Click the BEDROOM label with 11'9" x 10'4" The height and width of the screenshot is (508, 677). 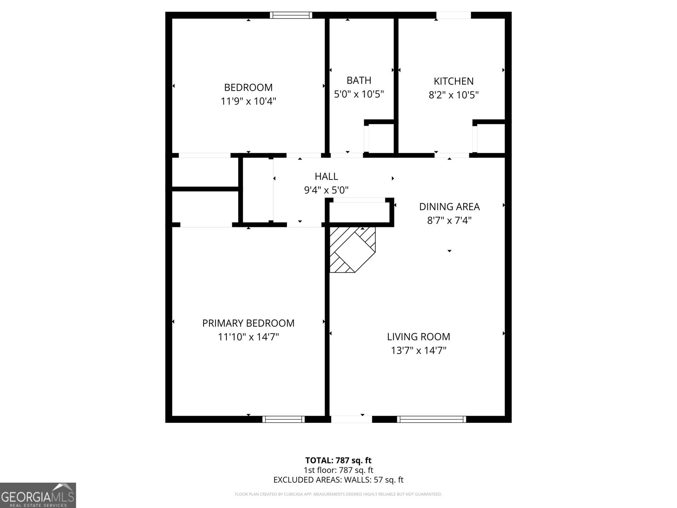coord(248,88)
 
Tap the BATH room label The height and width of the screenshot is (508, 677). coord(359,80)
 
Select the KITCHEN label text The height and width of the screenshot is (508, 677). coord(454,81)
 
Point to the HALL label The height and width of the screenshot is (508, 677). coord(326,177)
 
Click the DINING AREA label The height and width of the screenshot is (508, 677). coord(449,207)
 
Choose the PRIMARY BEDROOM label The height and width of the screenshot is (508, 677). coord(248,323)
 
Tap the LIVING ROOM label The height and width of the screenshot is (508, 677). coord(418,337)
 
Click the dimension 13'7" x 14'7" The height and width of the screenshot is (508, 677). coord(418,351)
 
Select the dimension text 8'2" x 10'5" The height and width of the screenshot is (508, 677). coord(454,95)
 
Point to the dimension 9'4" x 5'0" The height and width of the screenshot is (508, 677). coord(326,190)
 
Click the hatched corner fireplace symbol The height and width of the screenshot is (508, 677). coord(352,250)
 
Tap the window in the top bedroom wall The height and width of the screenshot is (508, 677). coord(291,15)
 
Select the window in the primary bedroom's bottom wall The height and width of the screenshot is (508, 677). coord(283,419)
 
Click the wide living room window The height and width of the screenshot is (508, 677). coord(432,419)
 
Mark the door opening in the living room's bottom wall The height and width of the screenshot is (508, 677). coord(352,419)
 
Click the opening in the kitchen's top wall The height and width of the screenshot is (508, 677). coord(454,15)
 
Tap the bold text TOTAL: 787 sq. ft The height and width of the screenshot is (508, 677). coord(338,461)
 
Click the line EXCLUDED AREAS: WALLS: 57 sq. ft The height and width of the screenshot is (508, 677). coord(338,480)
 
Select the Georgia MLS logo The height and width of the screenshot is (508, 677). coord(38,495)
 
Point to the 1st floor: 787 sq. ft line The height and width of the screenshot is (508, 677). coord(338,470)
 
